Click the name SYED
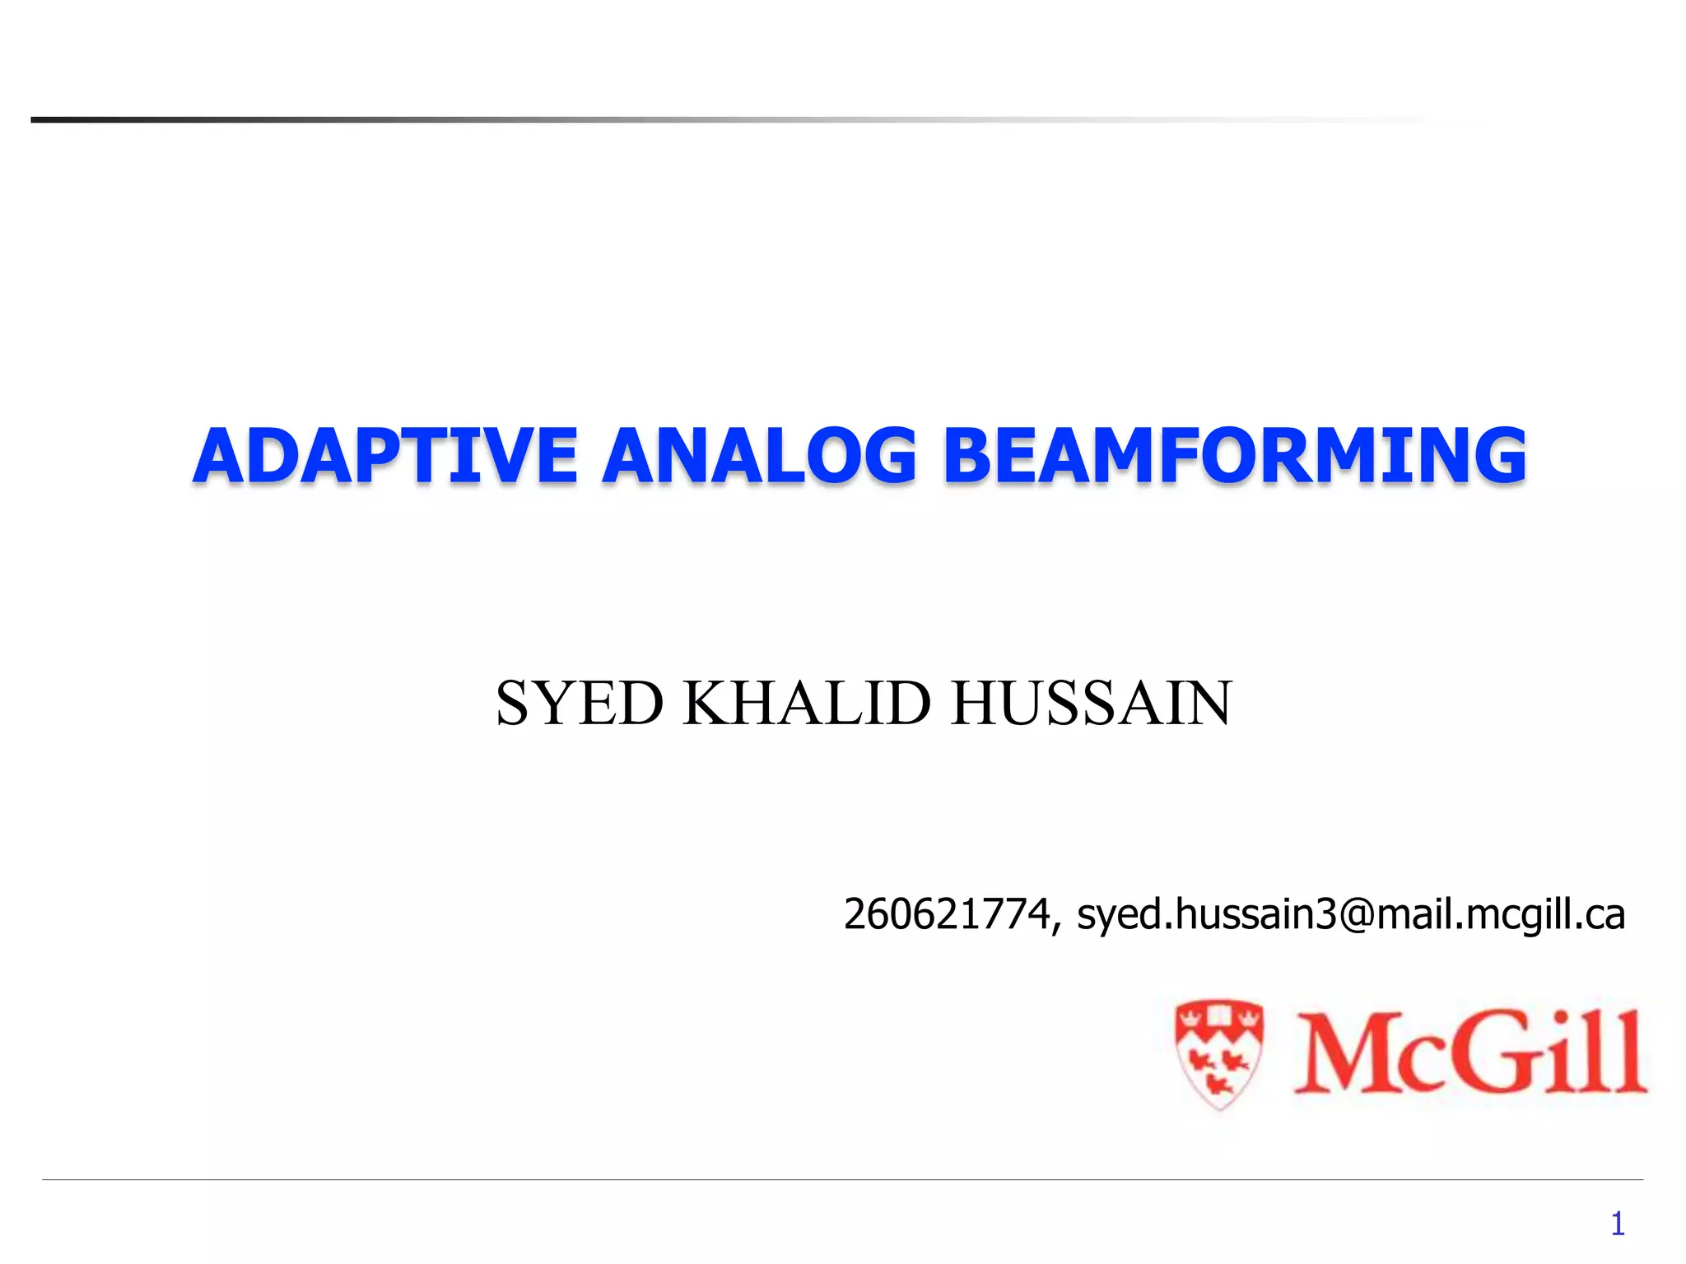(579, 704)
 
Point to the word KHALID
(807, 704)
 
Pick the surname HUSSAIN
(1091, 704)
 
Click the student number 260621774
(947, 914)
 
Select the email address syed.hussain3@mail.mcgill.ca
(1351, 914)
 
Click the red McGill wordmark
(1470, 1053)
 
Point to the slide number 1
(1618, 1224)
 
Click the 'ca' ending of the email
(1604, 916)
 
